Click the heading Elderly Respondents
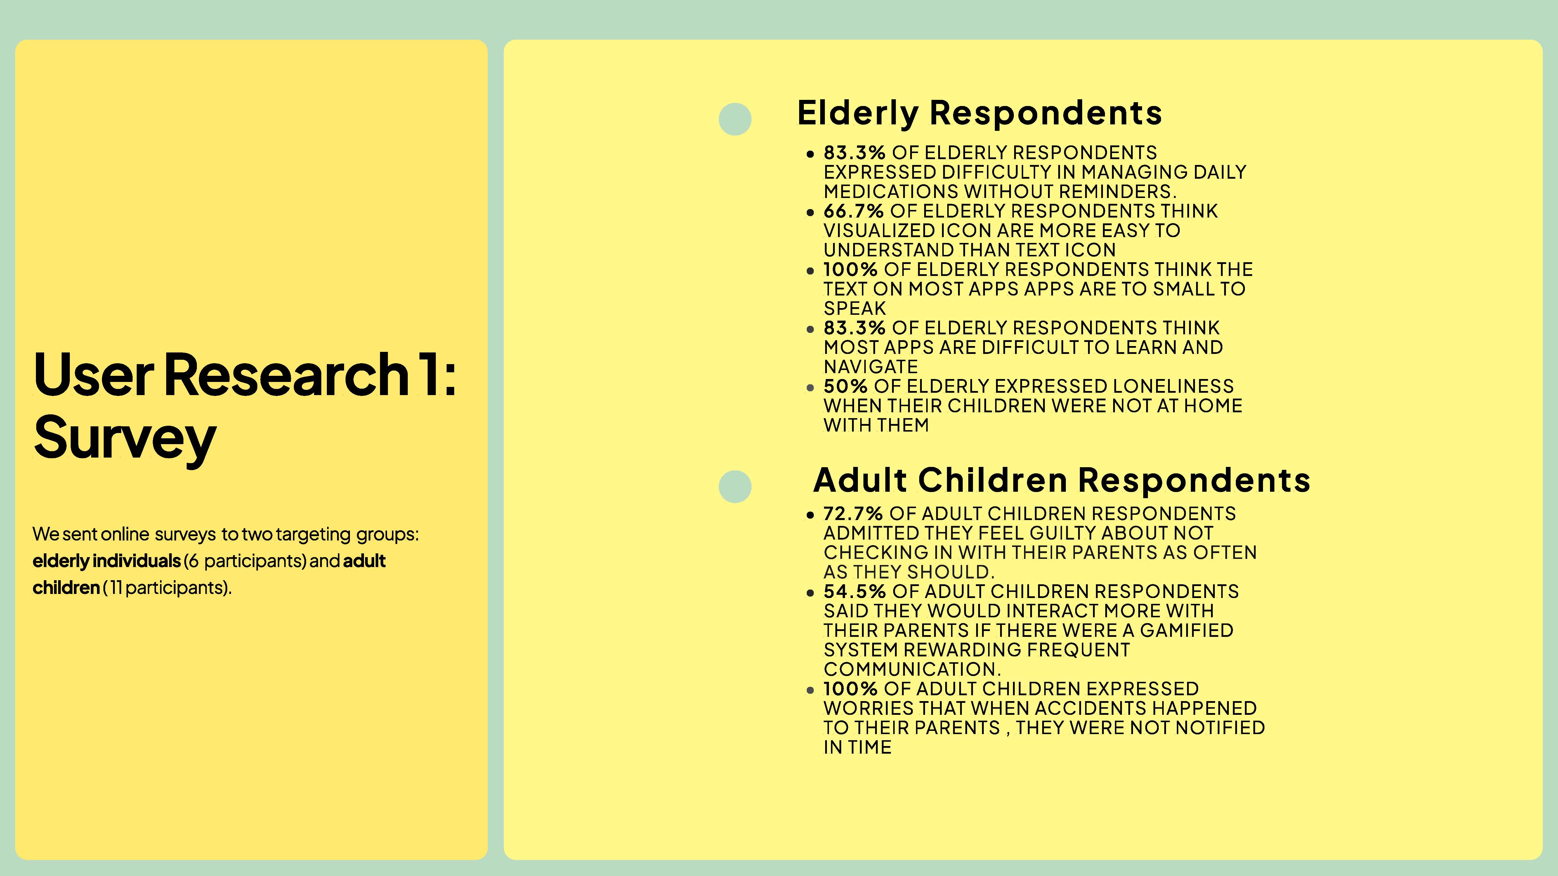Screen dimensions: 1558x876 coord(979,113)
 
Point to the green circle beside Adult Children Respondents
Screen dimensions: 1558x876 coord(735,487)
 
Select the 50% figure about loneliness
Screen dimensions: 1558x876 coord(846,386)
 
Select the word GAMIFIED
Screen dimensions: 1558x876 coord(1187,630)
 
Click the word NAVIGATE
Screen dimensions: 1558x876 coord(871,367)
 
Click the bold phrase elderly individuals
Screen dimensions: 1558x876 coord(106,561)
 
